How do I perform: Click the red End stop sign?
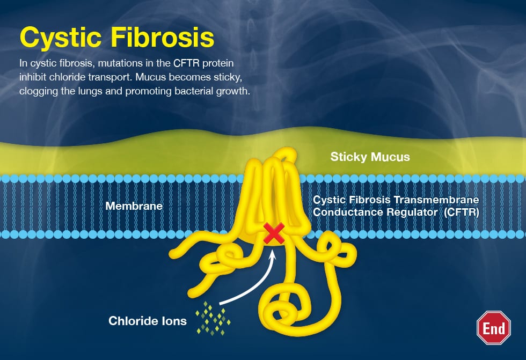[x=493, y=327]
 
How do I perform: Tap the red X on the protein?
[x=274, y=234]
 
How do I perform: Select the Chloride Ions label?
[x=148, y=321]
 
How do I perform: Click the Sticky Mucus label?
[x=370, y=157]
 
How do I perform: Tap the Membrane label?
[x=134, y=205]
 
